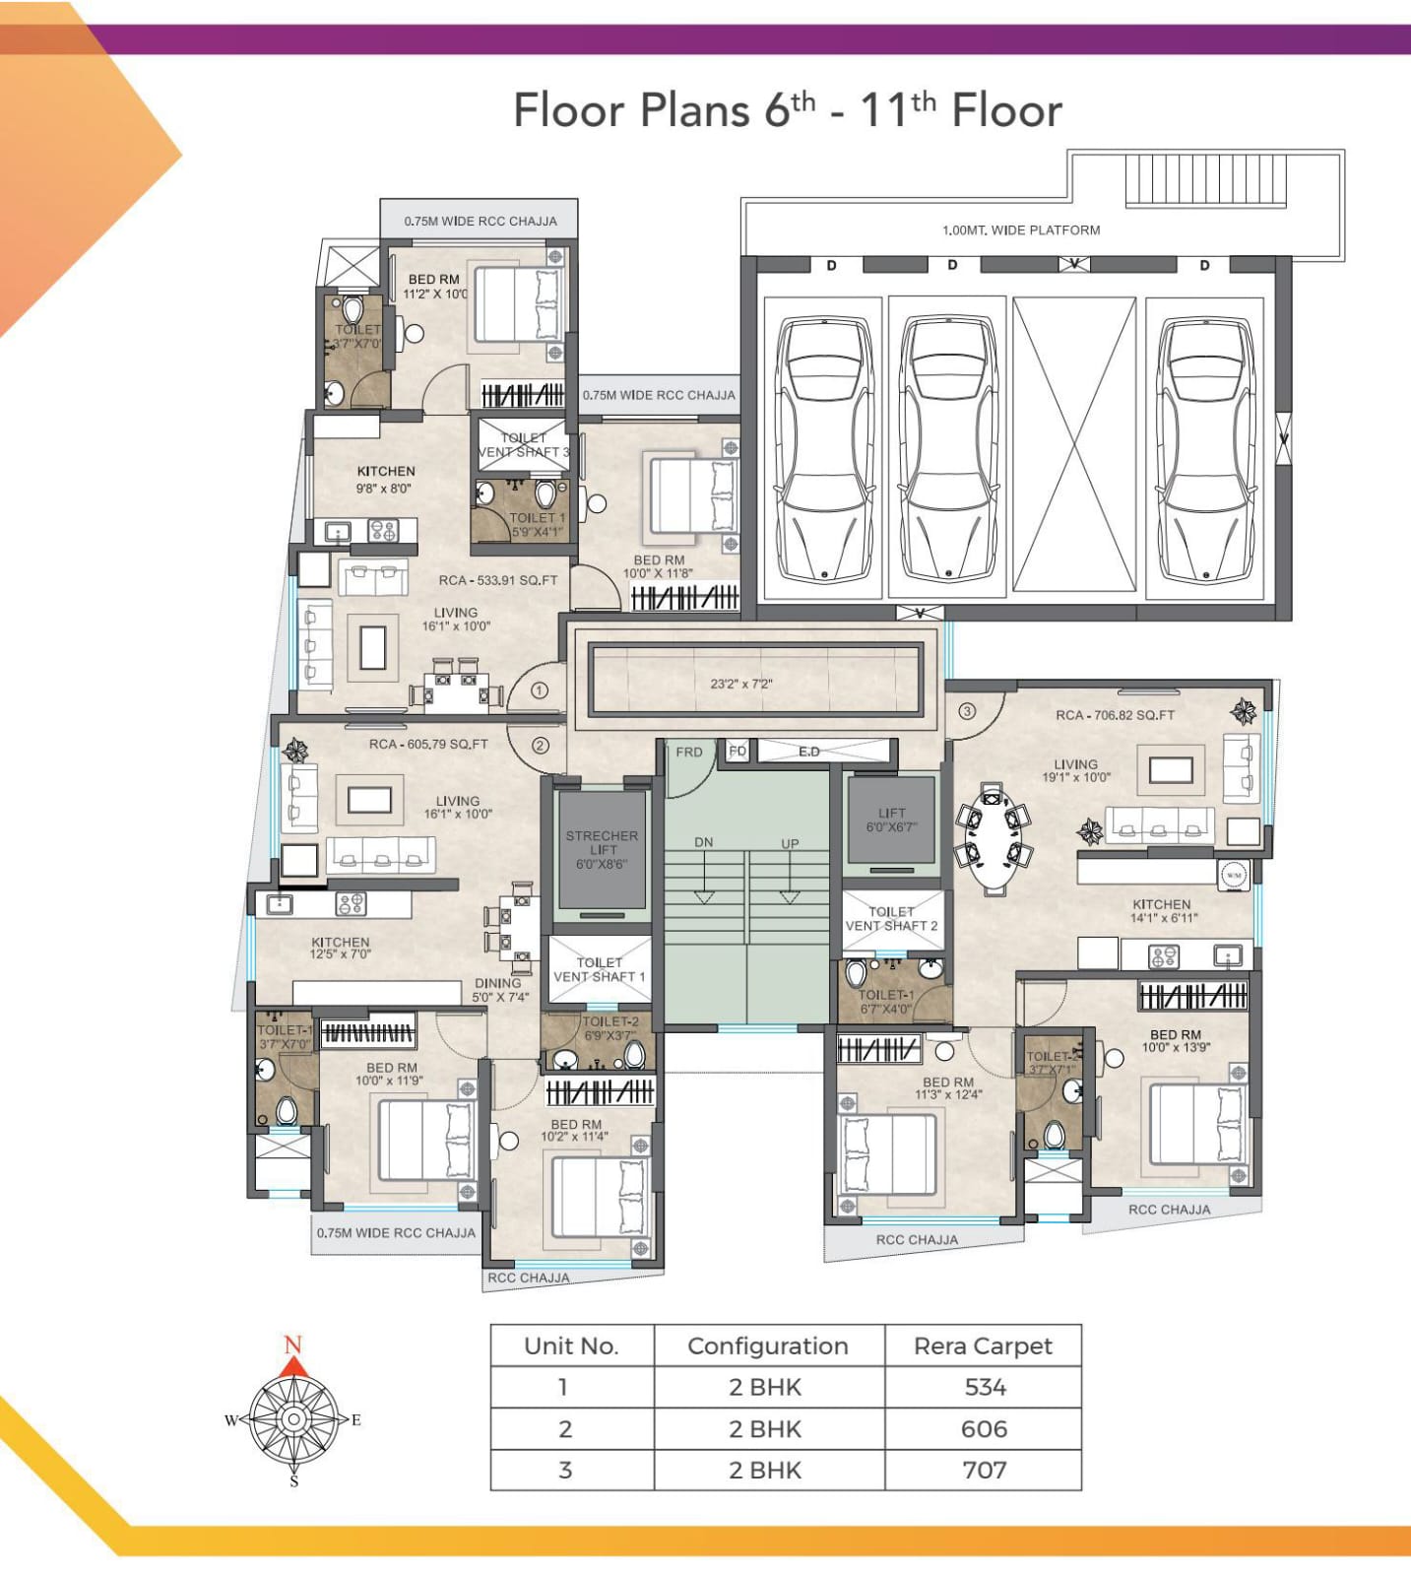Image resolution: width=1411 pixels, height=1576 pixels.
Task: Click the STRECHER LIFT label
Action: [602, 849]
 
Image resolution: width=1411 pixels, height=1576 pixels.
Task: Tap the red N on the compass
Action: [292, 1345]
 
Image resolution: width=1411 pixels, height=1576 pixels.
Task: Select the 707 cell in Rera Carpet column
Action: [984, 1470]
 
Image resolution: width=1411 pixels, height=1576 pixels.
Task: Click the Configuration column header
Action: [767, 1346]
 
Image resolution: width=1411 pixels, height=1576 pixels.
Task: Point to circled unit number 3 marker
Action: [967, 711]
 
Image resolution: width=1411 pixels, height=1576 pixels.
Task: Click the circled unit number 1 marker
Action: [539, 690]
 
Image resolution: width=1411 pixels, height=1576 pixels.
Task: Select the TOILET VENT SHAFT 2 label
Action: [891, 919]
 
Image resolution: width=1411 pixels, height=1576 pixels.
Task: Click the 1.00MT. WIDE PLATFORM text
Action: [1021, 230]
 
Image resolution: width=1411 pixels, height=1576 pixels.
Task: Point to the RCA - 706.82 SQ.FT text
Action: [1115, 715]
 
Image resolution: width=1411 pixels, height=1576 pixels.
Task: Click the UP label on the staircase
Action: [790, 844]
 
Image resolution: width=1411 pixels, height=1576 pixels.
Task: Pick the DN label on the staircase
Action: [703, 842]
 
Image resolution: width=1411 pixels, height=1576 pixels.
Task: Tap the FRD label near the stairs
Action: [689, 752]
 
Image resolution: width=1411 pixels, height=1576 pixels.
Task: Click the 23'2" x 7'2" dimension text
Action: [741, 684]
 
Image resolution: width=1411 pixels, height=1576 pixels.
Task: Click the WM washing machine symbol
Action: [1234, 875]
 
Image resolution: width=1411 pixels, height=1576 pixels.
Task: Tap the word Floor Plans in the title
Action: [630, 110]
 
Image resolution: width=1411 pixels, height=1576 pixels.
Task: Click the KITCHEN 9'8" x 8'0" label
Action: [385, 479]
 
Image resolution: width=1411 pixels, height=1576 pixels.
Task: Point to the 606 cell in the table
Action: [984, 1428]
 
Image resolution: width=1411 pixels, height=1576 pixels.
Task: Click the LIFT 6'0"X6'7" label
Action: [891, 820]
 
